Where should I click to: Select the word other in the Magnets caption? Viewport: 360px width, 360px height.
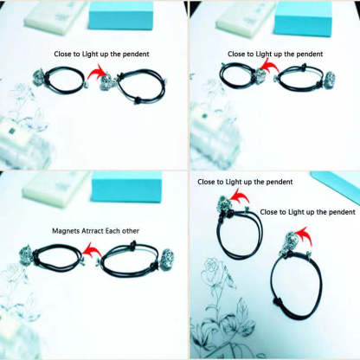(131, 231)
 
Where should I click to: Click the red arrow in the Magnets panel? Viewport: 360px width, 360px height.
(92, 249)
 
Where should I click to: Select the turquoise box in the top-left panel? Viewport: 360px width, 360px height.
(121, 15)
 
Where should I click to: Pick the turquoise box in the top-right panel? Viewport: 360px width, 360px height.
(303, 19)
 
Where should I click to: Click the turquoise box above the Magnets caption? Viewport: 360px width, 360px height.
(126, 186)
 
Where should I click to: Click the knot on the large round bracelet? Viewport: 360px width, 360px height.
(277, 302)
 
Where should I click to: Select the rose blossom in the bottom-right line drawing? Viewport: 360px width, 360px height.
(212, 266)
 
